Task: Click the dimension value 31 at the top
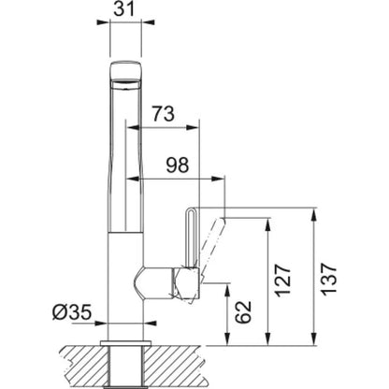123,9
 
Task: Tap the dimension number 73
164,114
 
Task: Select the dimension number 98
177,166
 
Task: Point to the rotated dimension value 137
329,280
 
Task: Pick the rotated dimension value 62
243,311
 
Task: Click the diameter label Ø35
72,311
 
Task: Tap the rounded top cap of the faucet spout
125,70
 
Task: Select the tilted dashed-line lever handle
213,246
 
